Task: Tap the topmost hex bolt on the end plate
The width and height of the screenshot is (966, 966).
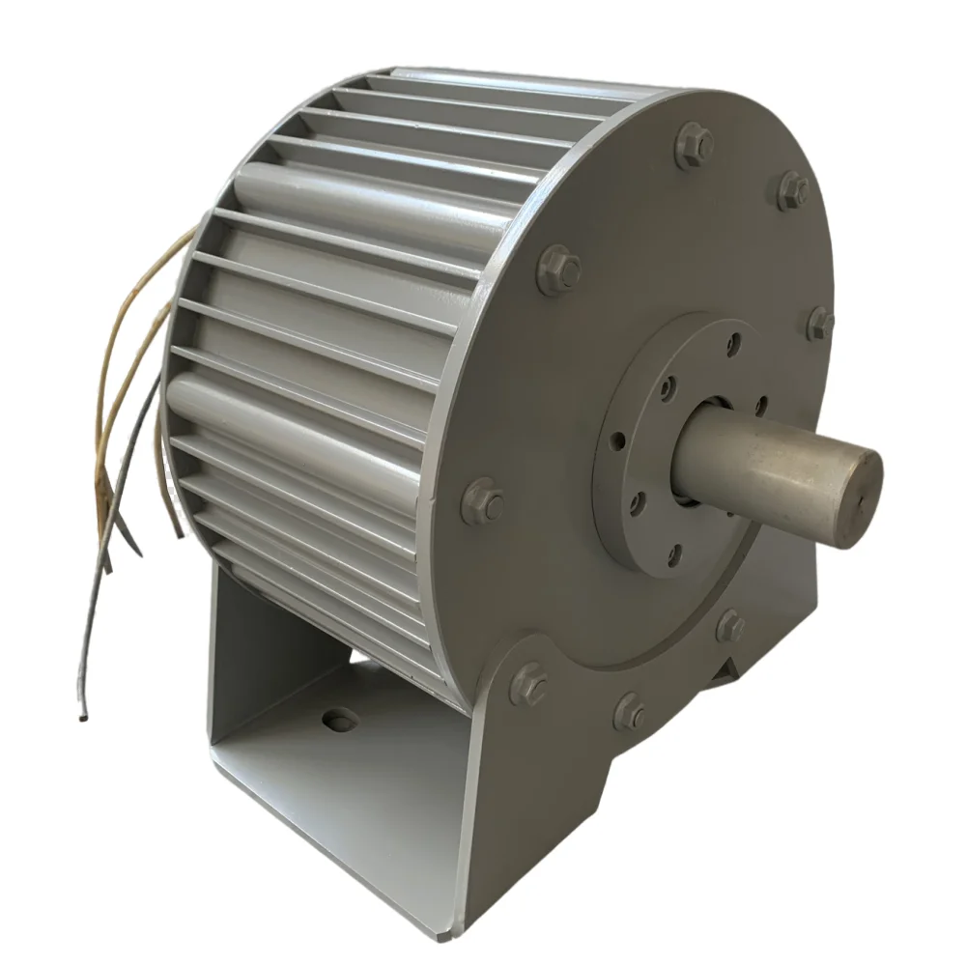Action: (x=694, y=145)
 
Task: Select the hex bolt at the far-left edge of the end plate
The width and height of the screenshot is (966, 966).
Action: (x=482, y=501)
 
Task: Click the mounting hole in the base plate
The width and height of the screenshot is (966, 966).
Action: (x=339, y=720)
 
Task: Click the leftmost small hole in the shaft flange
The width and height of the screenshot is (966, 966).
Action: (x=616, y=441)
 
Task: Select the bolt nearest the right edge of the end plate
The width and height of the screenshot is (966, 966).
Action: (x=820, y=323)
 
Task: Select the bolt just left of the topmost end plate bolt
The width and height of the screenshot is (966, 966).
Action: (x=558, y=270)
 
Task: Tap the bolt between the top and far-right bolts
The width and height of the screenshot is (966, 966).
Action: (x=792, y=189)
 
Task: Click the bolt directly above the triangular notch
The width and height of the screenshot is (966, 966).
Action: (x=730, y=625)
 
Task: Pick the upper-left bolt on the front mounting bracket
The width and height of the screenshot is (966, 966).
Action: (x=528, y=684)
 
